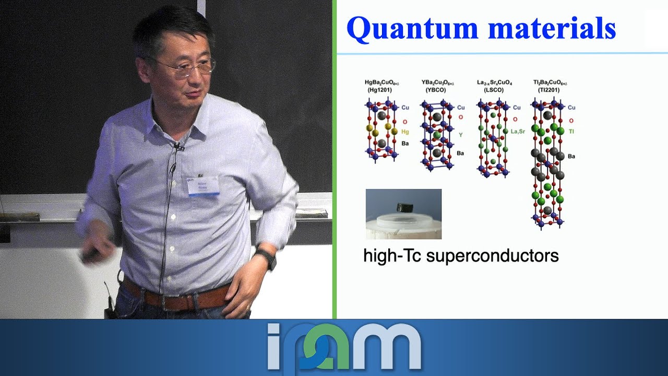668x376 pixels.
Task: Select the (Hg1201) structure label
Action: pyautogui.click(x=379, y=90)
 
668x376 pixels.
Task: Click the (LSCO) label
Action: pyautogui.click(x=491, y=90)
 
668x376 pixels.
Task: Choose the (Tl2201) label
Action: pyautogui.click(x=548, y=90)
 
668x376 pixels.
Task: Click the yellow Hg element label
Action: pyautogui.click(x=405, y=132)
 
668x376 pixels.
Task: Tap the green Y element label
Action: pyautogui.click(x=460, y=135)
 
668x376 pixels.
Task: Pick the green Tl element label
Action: pyautogui.click(x=571, y=131)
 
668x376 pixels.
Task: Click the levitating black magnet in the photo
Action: pyautogui.click(x=405, y=207)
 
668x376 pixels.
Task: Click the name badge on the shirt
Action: pyautogui.click(x=203, y=185)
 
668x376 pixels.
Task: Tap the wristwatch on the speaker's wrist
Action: pyautogui.click(x=267, y=258)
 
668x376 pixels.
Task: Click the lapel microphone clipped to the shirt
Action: pyautogui.click(x=178, y=147)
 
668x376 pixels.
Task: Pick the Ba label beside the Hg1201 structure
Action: pyautogui.click(x=405, y=143)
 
